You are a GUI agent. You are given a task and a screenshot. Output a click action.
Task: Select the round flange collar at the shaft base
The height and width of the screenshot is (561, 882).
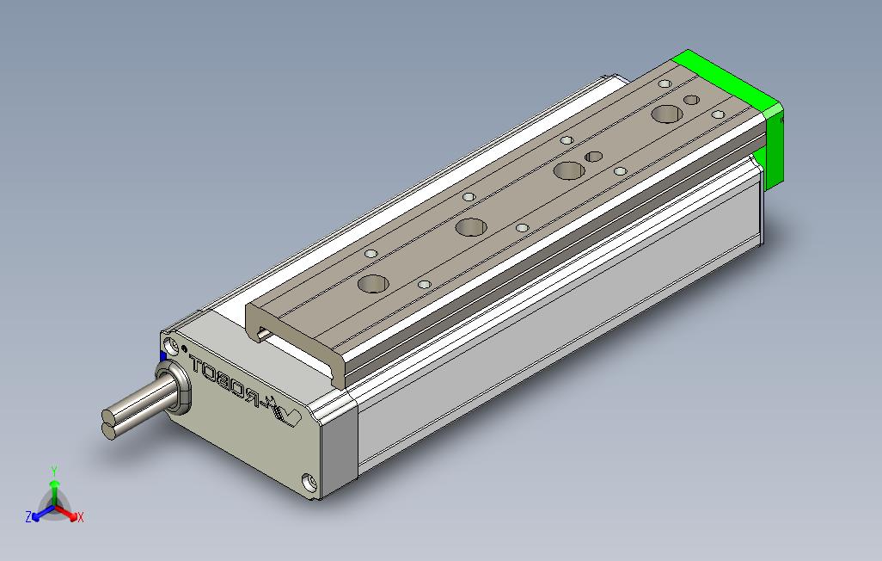[175, 389]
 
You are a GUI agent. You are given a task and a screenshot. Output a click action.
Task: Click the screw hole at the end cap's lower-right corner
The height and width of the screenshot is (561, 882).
[309, 482]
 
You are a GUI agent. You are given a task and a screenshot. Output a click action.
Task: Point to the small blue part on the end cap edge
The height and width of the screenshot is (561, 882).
[163, 357]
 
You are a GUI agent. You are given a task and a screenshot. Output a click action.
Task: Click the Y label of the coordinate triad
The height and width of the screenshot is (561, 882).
[53, 471]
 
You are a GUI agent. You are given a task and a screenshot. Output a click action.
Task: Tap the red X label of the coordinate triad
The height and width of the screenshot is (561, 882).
[80, 517]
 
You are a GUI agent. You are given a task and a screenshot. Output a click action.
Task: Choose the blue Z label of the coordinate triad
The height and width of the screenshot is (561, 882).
[28, 517]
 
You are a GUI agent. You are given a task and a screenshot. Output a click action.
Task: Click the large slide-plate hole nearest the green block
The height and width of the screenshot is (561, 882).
[665, 114]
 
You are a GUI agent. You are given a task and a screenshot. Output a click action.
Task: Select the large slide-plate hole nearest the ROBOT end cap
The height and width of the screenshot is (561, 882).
[374, 283]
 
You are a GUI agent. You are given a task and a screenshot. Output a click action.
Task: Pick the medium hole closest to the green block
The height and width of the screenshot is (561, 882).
[691, 101]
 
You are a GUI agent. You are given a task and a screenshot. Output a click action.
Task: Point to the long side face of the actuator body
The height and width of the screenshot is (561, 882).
[559, 318]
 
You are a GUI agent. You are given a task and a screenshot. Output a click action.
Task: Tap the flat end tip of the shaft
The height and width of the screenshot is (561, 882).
[107, 427]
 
